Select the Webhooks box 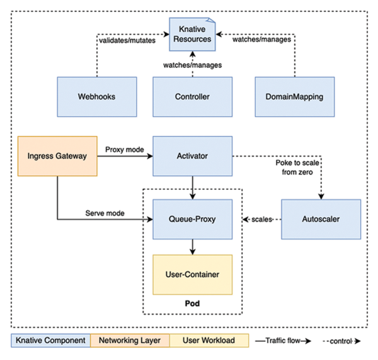96,97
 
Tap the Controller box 192,97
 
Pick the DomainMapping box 294,97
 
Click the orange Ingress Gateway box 57,155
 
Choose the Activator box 192,155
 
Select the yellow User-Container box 192,275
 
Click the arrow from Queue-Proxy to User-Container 192,247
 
